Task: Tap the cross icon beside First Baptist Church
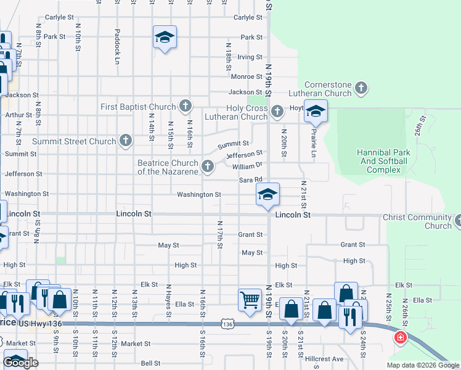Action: point(184,107)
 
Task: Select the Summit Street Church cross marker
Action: point(125,141)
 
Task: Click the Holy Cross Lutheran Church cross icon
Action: point(277,112)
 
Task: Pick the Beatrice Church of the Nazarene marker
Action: point(208,166)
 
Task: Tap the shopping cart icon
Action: point(250,300)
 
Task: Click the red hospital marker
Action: point(401,338)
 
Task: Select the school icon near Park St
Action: point(165,38)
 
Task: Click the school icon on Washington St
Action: point(267,195)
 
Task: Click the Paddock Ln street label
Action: point(116,46)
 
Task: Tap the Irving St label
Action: point(250,57)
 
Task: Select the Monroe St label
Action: point(247,76)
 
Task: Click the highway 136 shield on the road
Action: point(227,324)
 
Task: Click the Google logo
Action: point(21,363)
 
